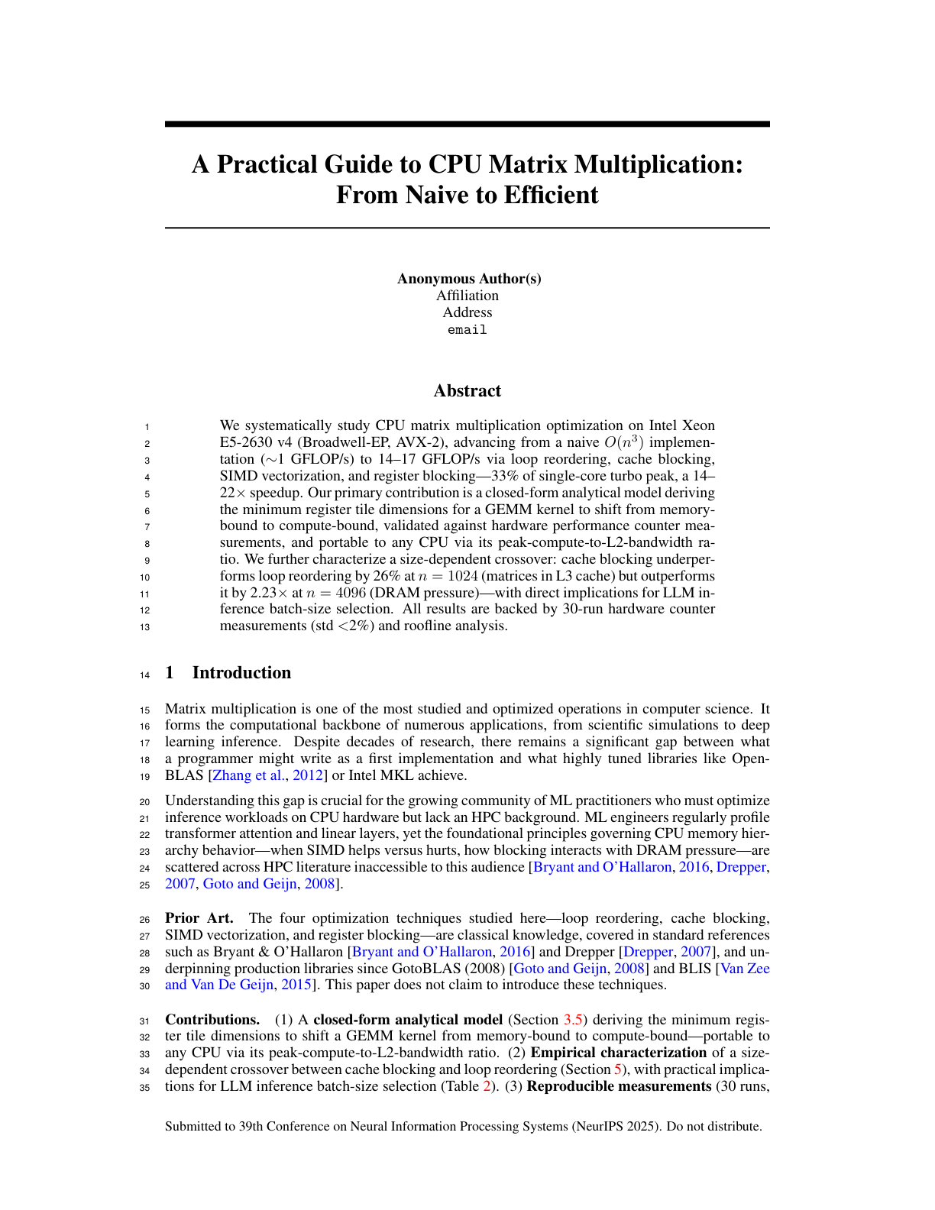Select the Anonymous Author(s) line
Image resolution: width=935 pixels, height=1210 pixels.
click(468, 279)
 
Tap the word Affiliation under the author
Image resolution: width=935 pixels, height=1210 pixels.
click(467, 296)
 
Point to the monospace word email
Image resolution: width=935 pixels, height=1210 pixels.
click(467, 330)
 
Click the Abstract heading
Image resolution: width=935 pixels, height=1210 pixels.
click(467, 391)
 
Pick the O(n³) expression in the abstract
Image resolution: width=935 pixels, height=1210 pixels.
click(624, 442)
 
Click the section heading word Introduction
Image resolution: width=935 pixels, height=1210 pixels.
click(241, 673)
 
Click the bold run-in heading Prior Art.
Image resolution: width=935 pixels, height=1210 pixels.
click(199, 918)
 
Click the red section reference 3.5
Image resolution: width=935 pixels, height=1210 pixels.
click(573, 1020)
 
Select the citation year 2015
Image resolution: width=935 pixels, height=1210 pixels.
click(296, 985)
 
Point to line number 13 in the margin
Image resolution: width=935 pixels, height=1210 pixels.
click(145, 627)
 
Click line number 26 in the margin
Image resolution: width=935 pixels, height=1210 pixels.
click(145, 920)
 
